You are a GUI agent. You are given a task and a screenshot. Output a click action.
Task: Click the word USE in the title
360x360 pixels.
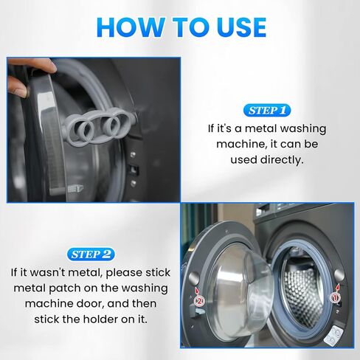232,27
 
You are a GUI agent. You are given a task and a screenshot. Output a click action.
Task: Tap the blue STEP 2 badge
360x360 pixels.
91,255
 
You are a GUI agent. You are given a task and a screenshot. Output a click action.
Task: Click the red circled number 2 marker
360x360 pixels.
197,301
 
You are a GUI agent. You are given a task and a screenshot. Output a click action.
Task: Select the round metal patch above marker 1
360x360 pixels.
339,275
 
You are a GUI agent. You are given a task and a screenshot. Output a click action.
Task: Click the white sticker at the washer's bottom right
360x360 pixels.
333,335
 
